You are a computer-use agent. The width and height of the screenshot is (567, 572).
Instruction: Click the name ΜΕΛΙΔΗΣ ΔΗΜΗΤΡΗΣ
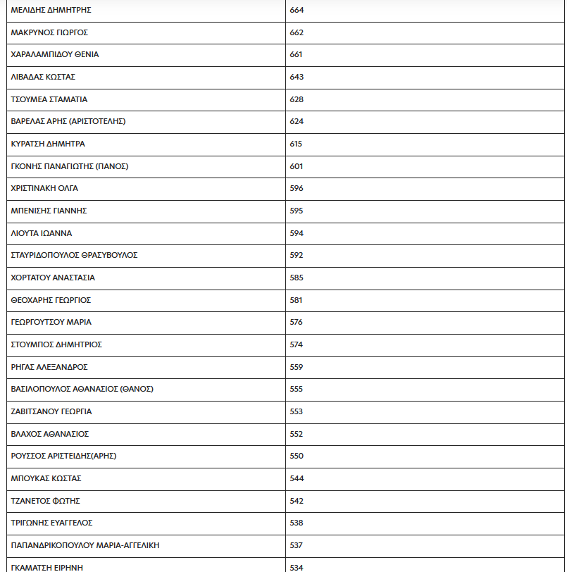[51, 11]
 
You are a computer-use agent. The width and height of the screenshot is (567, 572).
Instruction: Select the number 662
[297, 32]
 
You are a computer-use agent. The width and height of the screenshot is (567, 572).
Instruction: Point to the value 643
[297, 77]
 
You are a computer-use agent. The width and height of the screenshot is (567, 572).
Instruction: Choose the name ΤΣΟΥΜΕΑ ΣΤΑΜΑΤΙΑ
[49, 99]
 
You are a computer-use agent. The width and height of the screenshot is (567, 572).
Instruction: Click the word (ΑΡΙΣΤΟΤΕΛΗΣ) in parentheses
[97, 122]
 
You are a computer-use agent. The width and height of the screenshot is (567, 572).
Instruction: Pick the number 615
[296, 144]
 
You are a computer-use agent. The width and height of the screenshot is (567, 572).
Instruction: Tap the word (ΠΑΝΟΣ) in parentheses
[112, 166]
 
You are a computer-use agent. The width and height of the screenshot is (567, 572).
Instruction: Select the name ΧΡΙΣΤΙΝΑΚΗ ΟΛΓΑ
[44, 189]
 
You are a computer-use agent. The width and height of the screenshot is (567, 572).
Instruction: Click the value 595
[297, 211]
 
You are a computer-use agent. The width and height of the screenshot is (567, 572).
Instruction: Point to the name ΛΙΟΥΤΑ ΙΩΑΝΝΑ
[42, 233]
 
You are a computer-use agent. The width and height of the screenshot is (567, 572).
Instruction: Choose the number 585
[297, 278]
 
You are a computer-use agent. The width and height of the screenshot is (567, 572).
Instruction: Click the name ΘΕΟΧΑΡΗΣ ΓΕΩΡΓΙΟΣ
[51, 300]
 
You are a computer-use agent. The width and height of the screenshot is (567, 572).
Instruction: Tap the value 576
[297, 322]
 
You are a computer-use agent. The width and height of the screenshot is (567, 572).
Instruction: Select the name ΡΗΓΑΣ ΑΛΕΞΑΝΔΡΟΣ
[49, 367]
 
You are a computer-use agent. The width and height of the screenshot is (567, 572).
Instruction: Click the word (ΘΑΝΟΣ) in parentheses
[137, 389]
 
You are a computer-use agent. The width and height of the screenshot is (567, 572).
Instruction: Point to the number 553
[297, 411]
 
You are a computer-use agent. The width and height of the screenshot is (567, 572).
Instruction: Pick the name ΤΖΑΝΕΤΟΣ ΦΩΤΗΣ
[46, 501]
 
